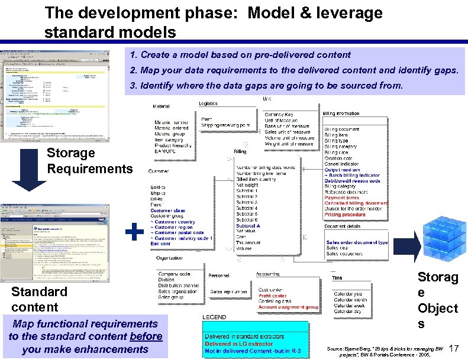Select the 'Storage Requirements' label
[x=89, y=161]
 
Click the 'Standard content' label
[x=39, y=299]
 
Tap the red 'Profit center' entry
[x=272, y=296]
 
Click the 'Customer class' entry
[x=167, y=210]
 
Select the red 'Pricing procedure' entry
[x=345, y=215]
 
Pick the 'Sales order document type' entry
[x=357, y=242]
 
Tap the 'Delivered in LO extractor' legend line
[x=238, y=343]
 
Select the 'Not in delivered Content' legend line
[x=253, y=351]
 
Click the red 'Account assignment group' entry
[x=288, y=307]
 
